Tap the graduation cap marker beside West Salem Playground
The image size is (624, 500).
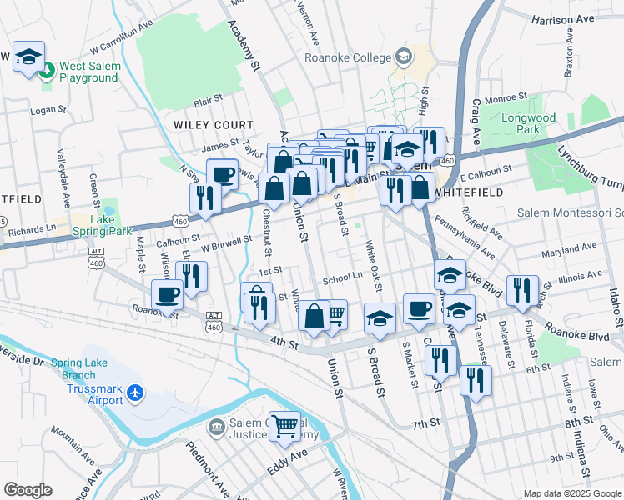coord(29,57)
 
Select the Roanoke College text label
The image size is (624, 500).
coord(347,58)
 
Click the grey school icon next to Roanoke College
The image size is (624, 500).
coord(404,57)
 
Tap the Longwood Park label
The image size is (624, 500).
coord(528,123)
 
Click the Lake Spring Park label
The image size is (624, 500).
coord(113,225)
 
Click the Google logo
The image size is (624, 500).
coord(28,490)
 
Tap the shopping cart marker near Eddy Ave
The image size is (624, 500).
coord(285,425)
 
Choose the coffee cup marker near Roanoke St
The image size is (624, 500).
coord(167,293)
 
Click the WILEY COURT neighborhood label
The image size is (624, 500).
coord(207,124)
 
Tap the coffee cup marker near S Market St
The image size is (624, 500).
coord(419,308)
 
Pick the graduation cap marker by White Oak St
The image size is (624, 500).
coord(380,317)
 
